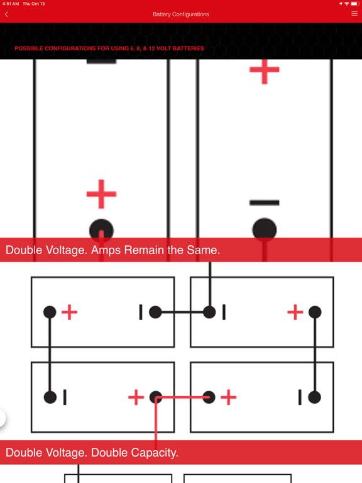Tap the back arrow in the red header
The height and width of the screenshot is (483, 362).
(x=6, y=14)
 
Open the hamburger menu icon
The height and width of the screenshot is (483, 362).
(x=354, y=14)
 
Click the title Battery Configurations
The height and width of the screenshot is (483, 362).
(x=181, y=14)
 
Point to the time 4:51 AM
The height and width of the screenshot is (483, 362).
(x=11, y=4)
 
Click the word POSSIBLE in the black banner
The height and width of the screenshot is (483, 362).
(x=29, y=48)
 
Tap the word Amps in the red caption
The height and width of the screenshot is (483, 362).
(x=106, y=250)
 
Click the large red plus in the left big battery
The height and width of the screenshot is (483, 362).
(x=101, y=194)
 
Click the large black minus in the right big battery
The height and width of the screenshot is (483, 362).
(x=265, y=203)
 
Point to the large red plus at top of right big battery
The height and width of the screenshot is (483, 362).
(x=265, y=70)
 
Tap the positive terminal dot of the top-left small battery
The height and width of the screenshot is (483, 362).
(x=50, y=312)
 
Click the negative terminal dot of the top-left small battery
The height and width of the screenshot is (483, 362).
(x=155, y=312)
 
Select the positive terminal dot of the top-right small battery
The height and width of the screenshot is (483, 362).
(x=315, y=312)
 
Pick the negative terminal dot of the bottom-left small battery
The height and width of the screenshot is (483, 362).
(x=50, y=397)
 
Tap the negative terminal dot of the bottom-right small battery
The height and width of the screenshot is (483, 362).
(x=314, y=397)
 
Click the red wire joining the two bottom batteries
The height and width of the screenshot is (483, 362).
(x=182, y=397)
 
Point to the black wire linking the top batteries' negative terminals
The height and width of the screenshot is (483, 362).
(x=182, y=313)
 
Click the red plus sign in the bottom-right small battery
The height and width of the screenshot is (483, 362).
(x=228, y=397)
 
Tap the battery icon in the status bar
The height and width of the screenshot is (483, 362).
(x=354, y=4)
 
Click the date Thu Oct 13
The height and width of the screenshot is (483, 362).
(x=33, y=4)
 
